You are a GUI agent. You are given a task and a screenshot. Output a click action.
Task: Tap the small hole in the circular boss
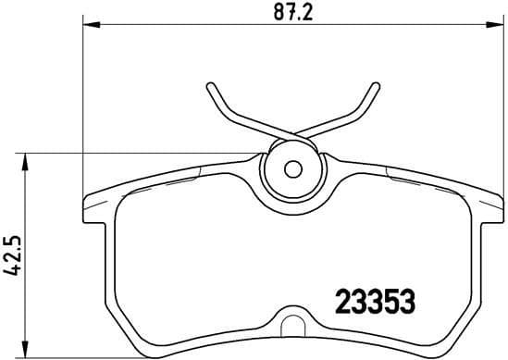[x=293, y=170]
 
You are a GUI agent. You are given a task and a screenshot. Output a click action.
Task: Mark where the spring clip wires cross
[x=293, y=136]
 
